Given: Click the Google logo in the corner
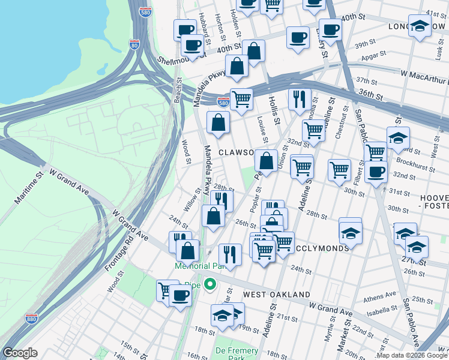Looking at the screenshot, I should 20,352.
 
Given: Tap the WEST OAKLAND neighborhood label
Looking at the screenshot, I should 276,295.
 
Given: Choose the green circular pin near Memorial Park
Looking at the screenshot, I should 209,284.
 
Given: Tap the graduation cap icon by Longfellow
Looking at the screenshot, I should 420,25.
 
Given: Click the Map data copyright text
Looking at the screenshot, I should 412,355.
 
